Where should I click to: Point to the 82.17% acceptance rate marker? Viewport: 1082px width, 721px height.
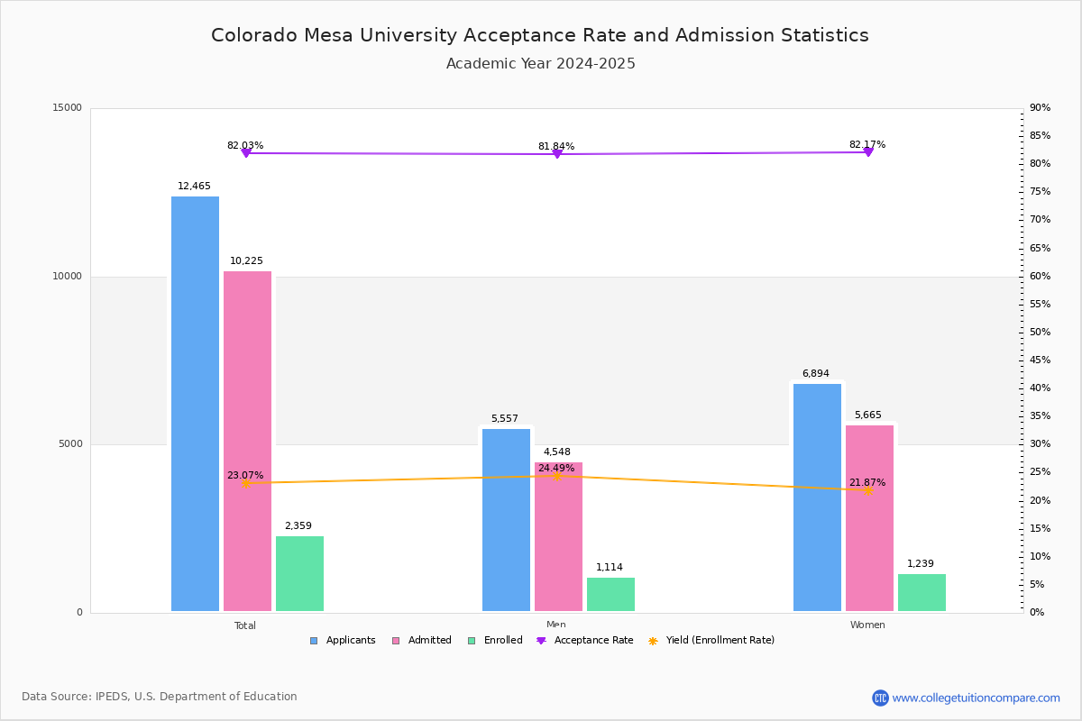867,152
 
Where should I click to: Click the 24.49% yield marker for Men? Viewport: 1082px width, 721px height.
557,476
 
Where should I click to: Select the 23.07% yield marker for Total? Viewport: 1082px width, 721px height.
245,484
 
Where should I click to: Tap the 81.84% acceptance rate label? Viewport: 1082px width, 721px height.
556,146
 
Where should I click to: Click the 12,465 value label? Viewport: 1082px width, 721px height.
194,187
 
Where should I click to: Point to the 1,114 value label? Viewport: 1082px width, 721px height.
610,567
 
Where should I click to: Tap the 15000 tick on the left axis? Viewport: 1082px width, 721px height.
68,108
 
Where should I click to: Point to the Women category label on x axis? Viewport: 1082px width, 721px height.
867,625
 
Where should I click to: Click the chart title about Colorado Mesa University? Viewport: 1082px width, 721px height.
540,35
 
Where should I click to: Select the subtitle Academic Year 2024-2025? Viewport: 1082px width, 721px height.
540,64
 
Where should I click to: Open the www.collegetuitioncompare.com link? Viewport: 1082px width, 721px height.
976,698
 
